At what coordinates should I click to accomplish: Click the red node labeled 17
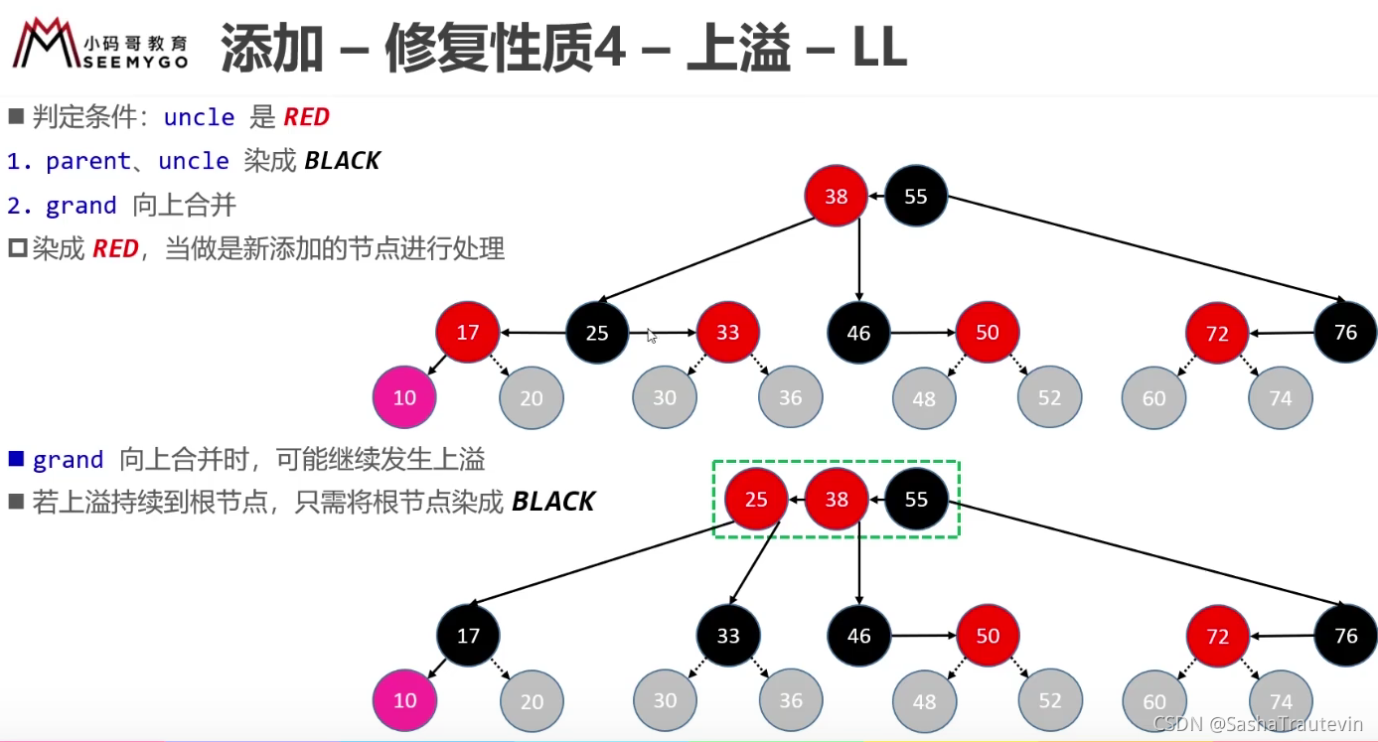click(x=468, y=332)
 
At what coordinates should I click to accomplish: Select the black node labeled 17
click(x=468, y=636)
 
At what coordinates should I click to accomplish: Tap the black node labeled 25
click(x=597, y=332)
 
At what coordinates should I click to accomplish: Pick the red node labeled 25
click(x=756, y=499)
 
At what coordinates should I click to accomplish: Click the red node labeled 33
click(x=728, y=332)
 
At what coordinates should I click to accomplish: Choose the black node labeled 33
click(x=728, y=636)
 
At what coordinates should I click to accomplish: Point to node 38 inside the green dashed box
click(x=837, y=499)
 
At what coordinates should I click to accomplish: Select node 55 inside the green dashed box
click(x=917, y=499)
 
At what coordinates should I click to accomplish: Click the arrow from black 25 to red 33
click(x=663, y=332)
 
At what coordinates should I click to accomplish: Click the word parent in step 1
click(x=88, y=161)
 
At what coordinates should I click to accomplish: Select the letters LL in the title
click(x=879, y=47)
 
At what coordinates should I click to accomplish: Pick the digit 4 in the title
click(x=609, y=47)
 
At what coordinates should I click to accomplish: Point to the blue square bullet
click(x=17, y=458)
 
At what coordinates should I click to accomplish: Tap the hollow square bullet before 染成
click(x=17, y=248)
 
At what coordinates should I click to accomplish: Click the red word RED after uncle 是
click(x=306, y=117)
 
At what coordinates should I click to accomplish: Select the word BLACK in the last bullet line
click(x=553, y=502)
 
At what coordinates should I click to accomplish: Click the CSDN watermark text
click(x=1258, y=723)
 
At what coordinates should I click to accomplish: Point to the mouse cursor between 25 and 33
click(x=652, y=336)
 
